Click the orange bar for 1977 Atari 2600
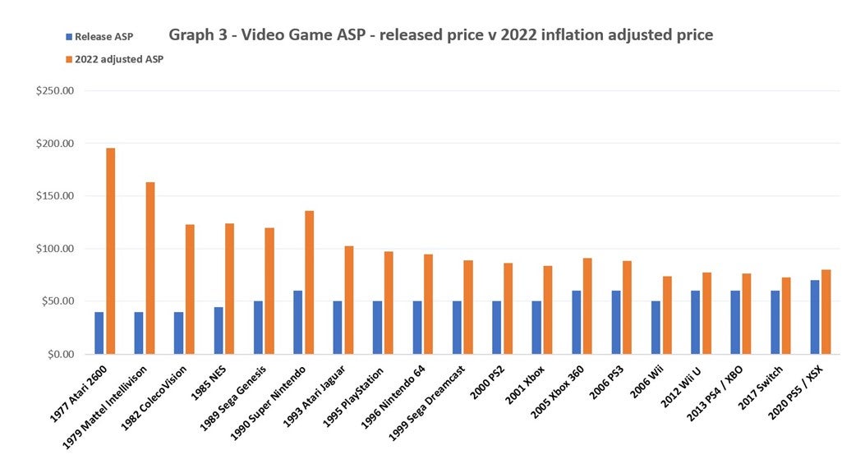pyautogui.click(x=110, y=251)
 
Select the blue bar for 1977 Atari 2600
pyautogui.click(x=99, y=333)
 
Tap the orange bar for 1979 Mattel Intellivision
pyautogui.click(x=150, y=268)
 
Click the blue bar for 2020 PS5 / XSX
pyautogui.click(x=815, y=317)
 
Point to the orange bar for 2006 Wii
pyautogui.click(x=667, y=315)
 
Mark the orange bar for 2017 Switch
pyautogui.click(x=786, y=315)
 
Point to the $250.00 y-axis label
pyautogui.click(x=55, y=90)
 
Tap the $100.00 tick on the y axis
pyautogui.click(x=55, y=249)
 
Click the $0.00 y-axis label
pyautogui.click(x=58, y=354)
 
